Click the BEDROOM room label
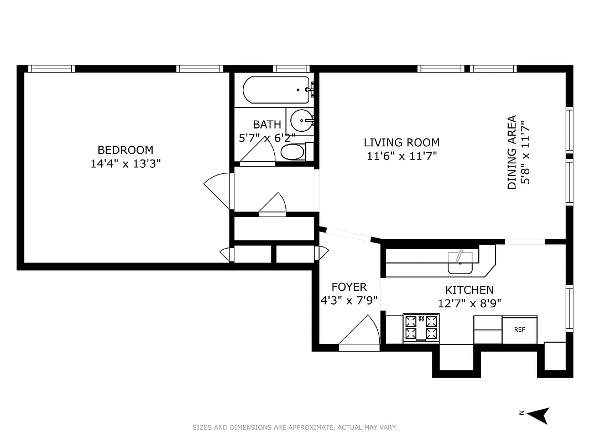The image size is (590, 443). [126, 150]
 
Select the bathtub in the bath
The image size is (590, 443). [276, 90]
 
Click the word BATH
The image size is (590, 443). [267, 125]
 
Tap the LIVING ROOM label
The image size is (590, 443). [401, 142]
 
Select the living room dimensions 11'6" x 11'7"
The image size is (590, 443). [401, 156]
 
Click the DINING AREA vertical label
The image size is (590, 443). [512, 152]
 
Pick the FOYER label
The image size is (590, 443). [349, 287]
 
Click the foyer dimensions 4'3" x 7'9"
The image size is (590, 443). [349, 301]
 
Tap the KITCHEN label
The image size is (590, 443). [469, 290]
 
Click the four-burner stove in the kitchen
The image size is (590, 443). [422, 327]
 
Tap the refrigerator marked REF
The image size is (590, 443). [519, 329]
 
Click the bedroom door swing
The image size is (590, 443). [219, 190]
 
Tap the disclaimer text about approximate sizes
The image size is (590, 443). [295, 427]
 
